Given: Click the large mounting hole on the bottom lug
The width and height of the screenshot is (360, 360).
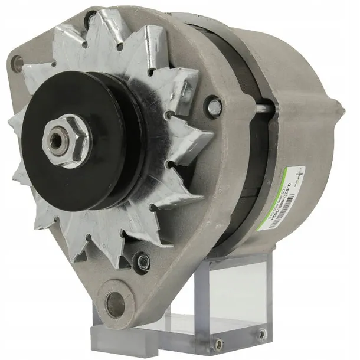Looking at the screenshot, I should point(115,303).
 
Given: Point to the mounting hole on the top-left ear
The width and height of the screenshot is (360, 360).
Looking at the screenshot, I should point(16,61).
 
